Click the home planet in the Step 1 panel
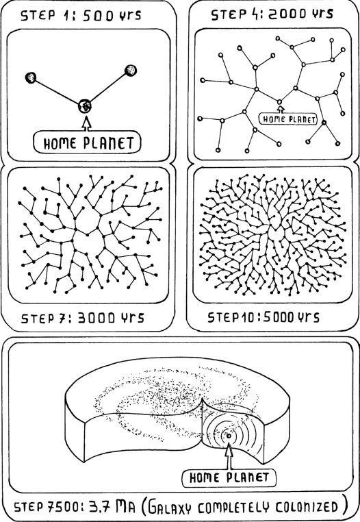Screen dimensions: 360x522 [x=85, y=107]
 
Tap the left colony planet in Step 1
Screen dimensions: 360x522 [x=31, y=77]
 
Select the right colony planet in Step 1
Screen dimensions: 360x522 [x=131, y=71]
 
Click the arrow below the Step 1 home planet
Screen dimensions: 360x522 [x=86, y=123]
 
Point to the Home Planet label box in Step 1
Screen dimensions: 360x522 [x=87, y=142]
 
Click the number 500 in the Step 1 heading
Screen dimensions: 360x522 [x=98, y=15]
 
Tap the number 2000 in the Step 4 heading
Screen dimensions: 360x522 [x=288, y=14]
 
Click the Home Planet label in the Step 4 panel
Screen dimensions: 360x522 [x=288, y=119]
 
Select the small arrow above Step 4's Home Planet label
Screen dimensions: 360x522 [x=281, y=110]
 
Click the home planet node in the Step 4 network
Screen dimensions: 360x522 [x=279, y=101]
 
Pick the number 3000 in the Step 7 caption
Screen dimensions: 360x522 [x=97, y=318]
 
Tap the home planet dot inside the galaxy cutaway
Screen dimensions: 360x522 [x=229, y=436]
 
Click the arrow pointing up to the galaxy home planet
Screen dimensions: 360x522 [x=229, y=456]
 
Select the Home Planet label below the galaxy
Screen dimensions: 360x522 [x=229, y=478]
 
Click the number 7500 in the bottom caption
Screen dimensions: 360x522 [x=64, y=508]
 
